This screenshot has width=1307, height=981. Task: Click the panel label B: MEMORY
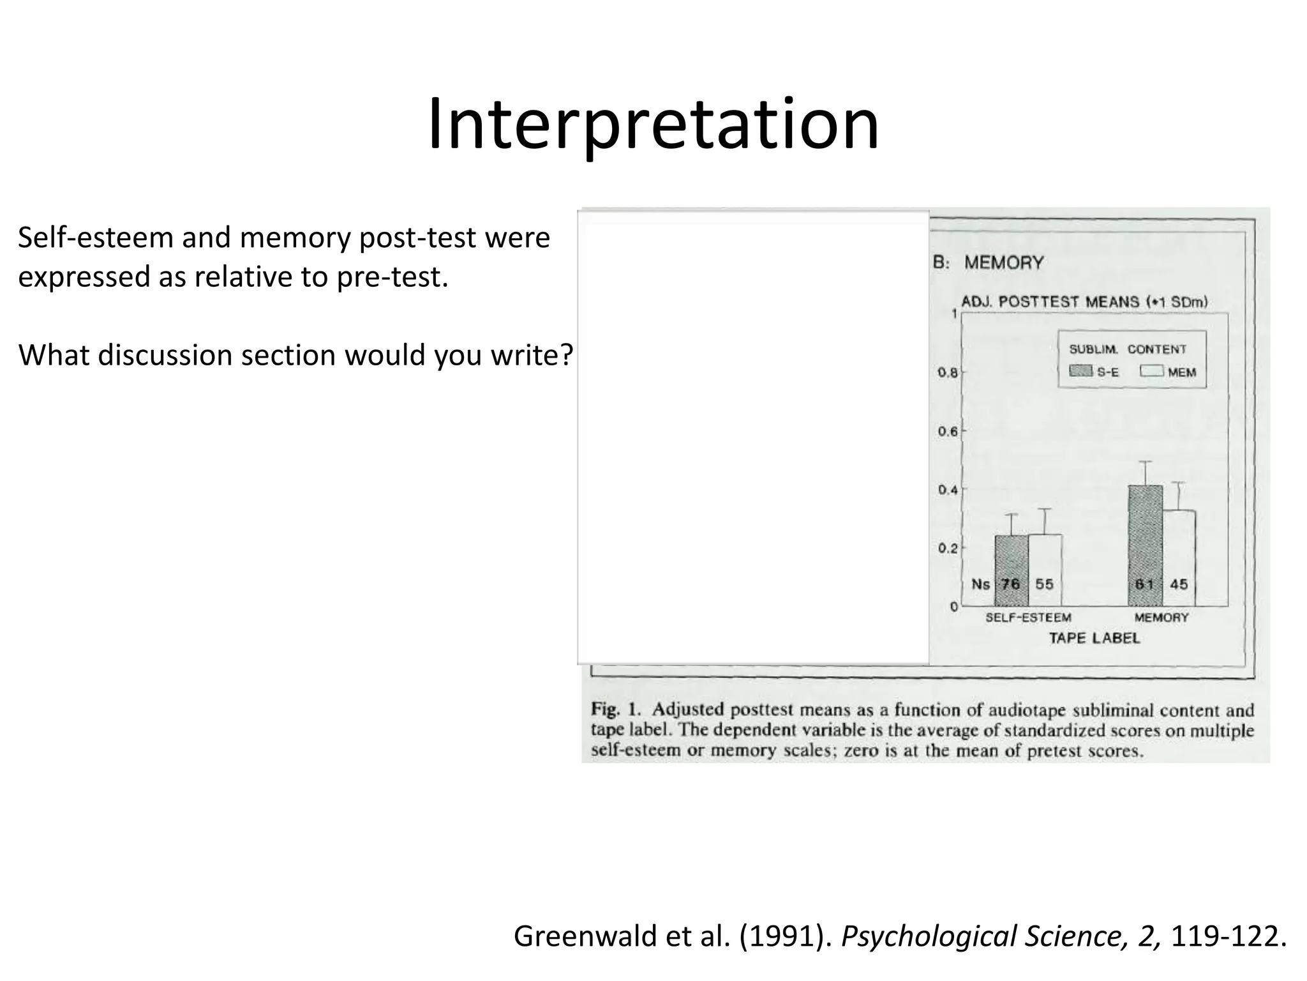click(989, 262)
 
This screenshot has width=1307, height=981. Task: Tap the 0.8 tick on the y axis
click(948, 372)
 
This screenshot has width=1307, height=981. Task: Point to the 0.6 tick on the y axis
click(948, 432)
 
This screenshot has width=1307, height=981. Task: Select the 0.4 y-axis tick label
click(948, 490)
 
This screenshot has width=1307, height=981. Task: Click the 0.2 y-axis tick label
click(948, 549)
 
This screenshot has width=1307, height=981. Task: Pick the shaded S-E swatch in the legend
click(1080, 371)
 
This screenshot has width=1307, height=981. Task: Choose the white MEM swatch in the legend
click(1152, 371)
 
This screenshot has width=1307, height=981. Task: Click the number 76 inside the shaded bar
click(1010, 584)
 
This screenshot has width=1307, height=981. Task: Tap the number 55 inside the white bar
click(1044, 584)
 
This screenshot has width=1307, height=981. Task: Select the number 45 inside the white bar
click(1179, 584)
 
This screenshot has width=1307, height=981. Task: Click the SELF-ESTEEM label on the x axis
click(1028, 618)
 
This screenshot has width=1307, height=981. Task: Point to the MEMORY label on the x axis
click(1161, 618)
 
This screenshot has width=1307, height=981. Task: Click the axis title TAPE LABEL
click(1094, 638)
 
